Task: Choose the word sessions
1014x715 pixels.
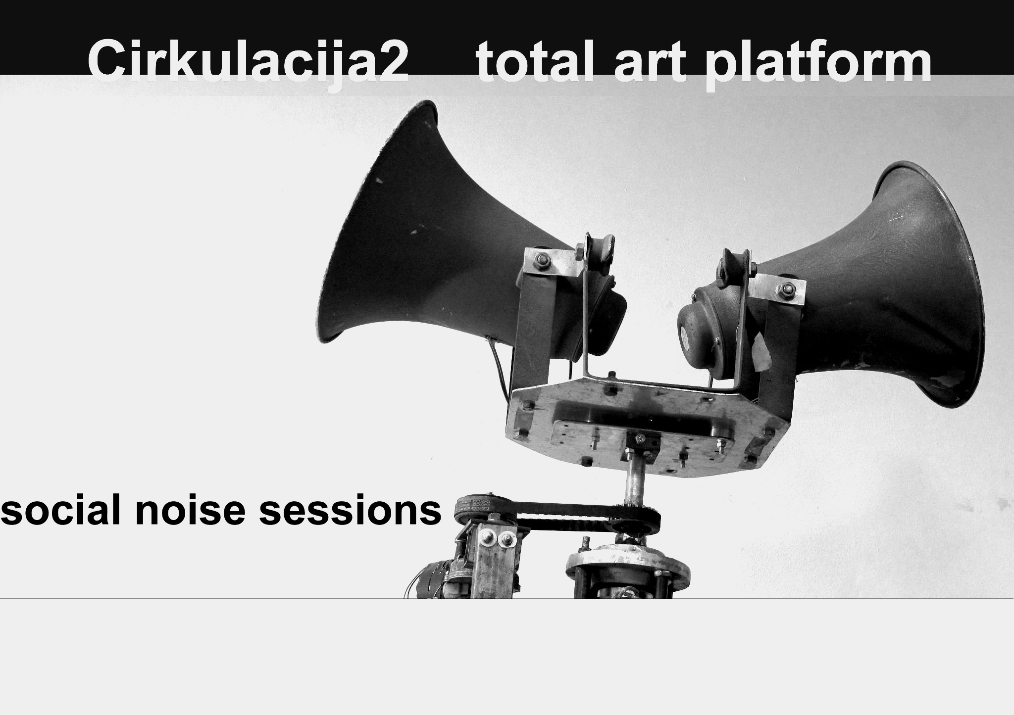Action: coord(350,512)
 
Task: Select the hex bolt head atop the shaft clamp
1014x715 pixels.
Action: coord(640,438)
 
